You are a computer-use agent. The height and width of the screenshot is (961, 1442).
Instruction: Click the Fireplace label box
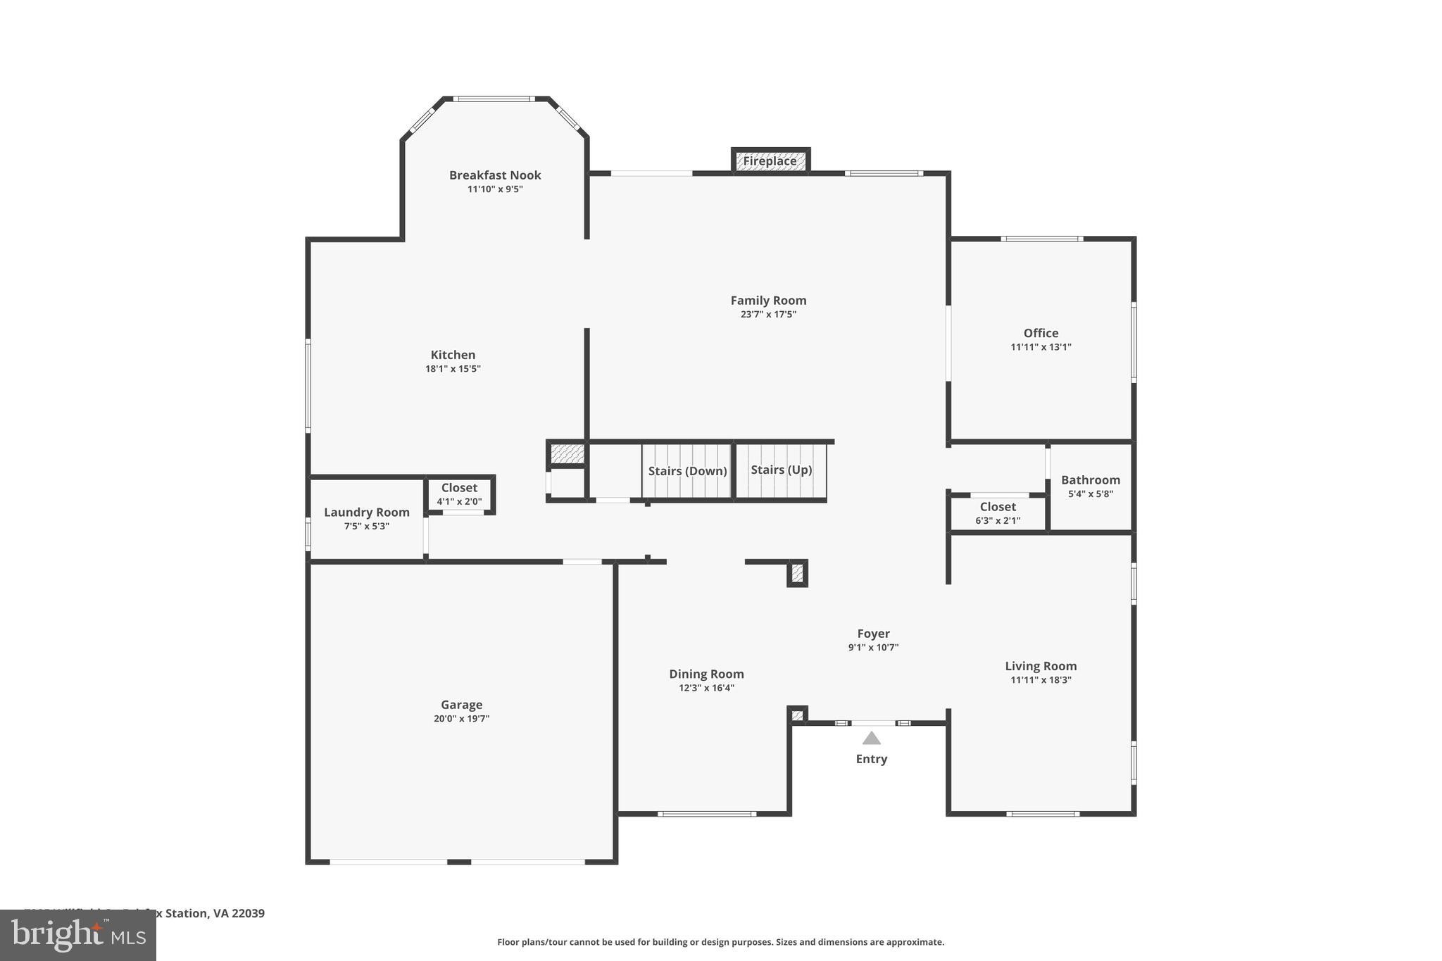[770, 161]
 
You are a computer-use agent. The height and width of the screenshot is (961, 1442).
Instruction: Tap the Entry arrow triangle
[872, 738]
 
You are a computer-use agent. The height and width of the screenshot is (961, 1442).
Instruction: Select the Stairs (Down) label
[687, 471]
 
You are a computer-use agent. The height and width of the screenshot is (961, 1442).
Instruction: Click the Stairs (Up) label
[781, 470]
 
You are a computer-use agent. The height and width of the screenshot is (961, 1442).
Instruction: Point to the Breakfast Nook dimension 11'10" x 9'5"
[495, 189]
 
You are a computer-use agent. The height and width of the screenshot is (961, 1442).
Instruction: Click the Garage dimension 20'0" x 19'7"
[461, 719]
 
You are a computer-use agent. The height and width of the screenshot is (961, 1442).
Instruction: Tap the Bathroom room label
[1090, 480]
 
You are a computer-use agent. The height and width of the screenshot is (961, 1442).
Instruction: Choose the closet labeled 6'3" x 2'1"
[997, 513]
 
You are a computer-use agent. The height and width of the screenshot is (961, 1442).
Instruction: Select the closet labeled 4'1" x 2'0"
[459, 494]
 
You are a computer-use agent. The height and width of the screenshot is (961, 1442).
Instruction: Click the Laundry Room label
[366, 513]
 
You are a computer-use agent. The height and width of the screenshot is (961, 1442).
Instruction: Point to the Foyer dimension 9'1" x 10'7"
[873, 648]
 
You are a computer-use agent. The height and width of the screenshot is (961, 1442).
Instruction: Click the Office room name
[1041, 333]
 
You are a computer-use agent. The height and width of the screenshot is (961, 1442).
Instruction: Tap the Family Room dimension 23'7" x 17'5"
[768, 315]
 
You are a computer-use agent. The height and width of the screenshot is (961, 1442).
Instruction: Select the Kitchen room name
[453, 355]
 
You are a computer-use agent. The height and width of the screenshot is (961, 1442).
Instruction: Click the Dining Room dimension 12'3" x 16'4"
[706, 688]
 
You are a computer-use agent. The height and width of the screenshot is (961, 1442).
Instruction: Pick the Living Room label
[1041, 666]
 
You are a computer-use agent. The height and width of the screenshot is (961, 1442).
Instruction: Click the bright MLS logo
[77, 935]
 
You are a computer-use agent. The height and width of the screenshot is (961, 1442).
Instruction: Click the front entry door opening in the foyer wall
[873, 723]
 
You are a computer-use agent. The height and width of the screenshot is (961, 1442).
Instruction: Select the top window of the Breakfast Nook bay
[494, 99]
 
